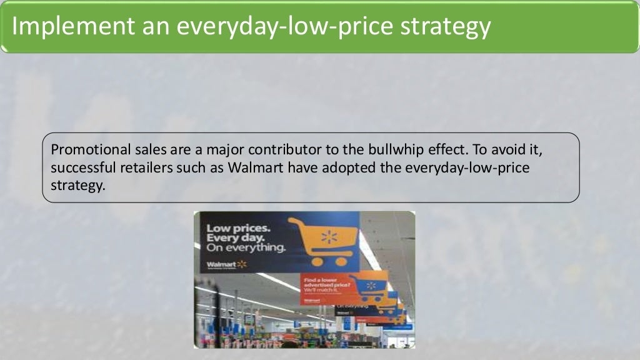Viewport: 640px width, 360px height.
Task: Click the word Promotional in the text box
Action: tap(89, 150)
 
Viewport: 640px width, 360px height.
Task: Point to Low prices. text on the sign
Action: tap(238, 228)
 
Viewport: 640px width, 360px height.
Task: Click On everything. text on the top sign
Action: tap(245, 247)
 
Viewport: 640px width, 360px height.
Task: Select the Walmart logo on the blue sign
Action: tap(227, 264)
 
